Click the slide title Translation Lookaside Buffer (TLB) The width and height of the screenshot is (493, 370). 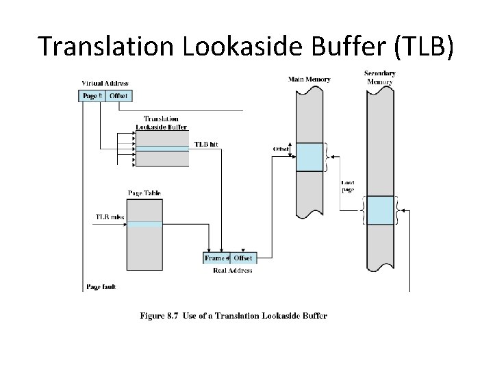(246, 46)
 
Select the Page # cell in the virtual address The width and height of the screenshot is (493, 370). (92, 96)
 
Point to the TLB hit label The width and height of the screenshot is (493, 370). (206, 145)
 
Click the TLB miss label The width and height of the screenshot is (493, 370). (109, 218)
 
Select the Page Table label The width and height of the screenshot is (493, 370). (144, 193)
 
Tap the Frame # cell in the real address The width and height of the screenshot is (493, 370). (216, 258)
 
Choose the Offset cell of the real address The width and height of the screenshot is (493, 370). (243, 258)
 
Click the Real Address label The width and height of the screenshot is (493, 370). (233, 270)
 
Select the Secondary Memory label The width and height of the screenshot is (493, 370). (379, 77)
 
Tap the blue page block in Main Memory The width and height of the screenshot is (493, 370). (309, 157)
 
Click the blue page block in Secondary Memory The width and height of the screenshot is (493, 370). (379, 210)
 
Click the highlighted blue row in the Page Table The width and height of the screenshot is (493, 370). (144, 224)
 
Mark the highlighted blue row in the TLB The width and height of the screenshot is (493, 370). (162, 148)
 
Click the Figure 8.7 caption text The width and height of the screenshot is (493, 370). (233, 316)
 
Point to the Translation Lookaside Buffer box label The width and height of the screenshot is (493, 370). (162, 123)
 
